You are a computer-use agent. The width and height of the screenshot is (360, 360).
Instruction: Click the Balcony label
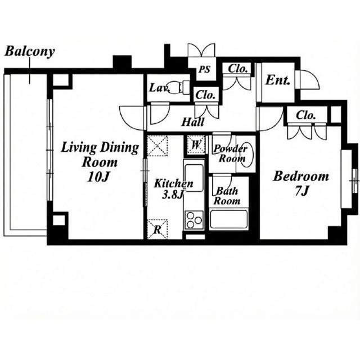(x=30, y=51)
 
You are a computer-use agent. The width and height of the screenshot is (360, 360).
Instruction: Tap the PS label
(x=204, y=69)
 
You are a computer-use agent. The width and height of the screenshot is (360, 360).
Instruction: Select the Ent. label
(x=277, y=80)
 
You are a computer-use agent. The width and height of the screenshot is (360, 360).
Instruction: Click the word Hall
(x=193, y=122)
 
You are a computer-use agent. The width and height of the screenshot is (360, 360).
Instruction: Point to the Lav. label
(x=160, y=88)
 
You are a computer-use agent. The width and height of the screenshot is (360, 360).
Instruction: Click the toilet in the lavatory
(x=178, y=87)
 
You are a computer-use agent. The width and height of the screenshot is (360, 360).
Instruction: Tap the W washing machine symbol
(x=196, y=145)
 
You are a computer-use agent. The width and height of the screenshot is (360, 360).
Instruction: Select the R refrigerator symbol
(x=157, y=229)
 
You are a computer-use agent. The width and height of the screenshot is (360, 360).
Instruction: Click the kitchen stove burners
(x=194, y=220)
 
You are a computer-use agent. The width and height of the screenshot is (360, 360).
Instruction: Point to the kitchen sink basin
(x=194, y=178)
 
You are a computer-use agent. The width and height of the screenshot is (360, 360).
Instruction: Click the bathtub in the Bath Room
(x=229, y=219)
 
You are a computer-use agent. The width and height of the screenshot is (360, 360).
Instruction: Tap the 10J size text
(x=97, y=177)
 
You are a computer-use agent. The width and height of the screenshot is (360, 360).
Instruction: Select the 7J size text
(x=301, y=191)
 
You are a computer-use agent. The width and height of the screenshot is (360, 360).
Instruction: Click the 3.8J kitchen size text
(x=173, y=195)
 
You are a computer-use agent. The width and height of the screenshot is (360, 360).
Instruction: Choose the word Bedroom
(x=301, y=177)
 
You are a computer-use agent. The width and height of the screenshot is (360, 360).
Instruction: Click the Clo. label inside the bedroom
(x=305, y=115)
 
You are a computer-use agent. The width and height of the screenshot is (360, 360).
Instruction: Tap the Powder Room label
(x=231, y=153)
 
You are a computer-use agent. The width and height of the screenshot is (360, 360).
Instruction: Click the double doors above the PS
(x=201, y=50)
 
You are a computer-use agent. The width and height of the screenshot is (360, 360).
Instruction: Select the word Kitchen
(x=174, y=183)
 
